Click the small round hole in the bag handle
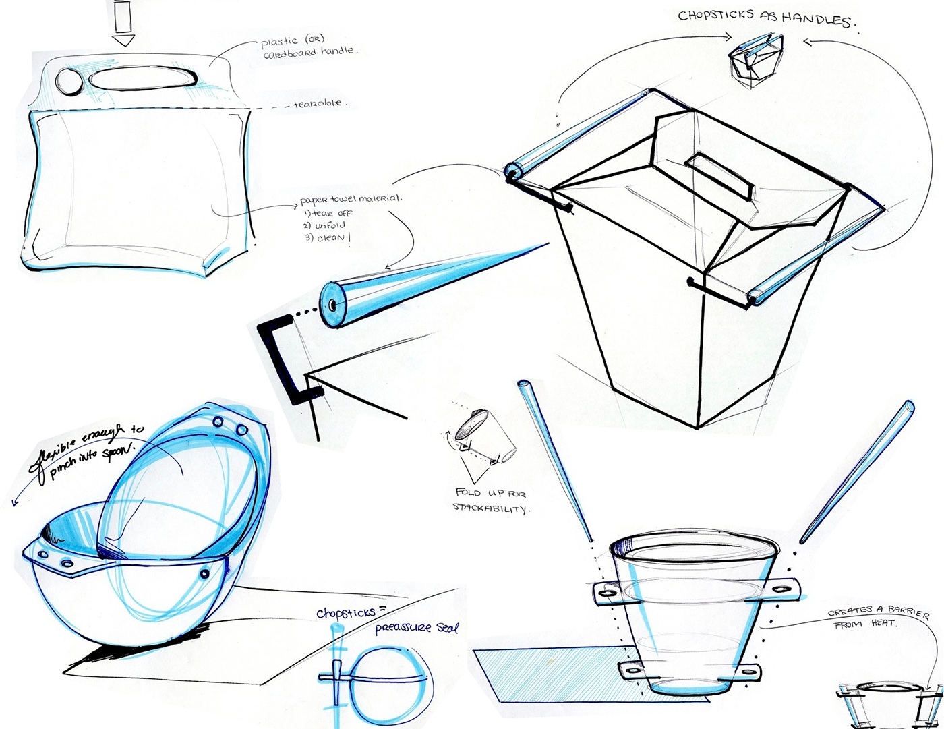pyautogui.click(x=68, y=81)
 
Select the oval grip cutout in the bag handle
pyautogui.click(x=143, y=79)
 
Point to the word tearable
pyautogui.click(x=318, y=104)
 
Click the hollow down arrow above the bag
pyautogui.click(x=123, y=22)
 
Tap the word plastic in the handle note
pyautogui.click(x=279, y=42)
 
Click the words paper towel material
pyautogui.click(x=351, y=200)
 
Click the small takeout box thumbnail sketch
pyautogui.click(x=755, y=61)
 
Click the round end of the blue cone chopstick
pyautogui.click(x=332, y=305)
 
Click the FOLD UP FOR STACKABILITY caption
pyautogui.click(x=491, y=500)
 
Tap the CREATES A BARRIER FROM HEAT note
pyautogui.click(x=877, y=618)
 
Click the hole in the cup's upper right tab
pyautogui.click(x=783, y=589)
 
